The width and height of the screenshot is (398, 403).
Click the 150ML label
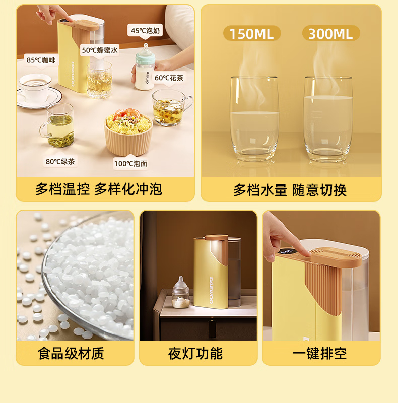252,33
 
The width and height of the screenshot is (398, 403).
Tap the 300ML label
331,33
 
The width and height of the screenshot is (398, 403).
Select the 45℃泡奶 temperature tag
145,31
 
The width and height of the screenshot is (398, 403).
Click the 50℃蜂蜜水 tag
100,50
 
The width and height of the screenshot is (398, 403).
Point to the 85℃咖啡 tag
41,60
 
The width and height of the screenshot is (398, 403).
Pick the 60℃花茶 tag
169,78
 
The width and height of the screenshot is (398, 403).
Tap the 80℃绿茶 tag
60,161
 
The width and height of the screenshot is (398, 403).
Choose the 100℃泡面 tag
130,163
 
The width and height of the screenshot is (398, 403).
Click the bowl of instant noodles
128,132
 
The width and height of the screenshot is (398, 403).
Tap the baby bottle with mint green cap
145,68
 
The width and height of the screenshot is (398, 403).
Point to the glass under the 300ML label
328,119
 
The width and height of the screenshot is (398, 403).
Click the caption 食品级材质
71,353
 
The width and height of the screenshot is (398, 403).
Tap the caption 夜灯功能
195,353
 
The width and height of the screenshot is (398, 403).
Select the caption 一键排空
319,353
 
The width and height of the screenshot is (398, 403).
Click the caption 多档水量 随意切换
290,190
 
